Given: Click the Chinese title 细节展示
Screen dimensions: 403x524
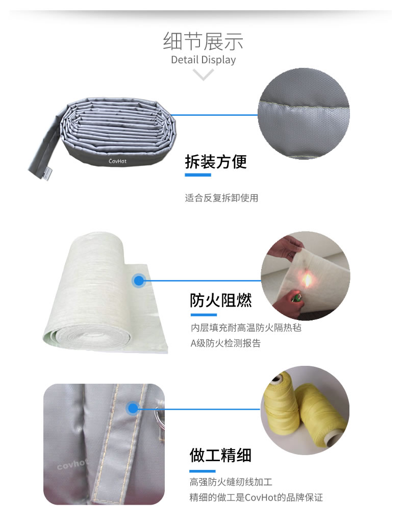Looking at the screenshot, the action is tap(203, 41).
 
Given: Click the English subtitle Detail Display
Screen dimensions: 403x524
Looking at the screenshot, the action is tap(203, 60).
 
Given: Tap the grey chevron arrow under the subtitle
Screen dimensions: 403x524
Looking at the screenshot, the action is tap(203, 74).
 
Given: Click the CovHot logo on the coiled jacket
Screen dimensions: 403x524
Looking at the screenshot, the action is tap(118, 161).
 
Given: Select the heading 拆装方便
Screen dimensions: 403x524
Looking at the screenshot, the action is tap(216, 162).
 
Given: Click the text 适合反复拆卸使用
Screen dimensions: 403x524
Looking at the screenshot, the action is tap(221, 198).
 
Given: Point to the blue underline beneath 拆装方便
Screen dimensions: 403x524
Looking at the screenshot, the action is tap(198, 175).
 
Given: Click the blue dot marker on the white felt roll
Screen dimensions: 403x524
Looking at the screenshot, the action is tap(139, 281).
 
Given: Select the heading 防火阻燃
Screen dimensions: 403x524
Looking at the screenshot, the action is tap(221, 300).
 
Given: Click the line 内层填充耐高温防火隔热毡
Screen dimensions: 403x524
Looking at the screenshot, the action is tap(246, 328).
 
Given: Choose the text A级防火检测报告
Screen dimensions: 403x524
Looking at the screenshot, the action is tap(225, 343).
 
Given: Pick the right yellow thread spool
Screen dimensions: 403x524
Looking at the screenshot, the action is tap(321, 416).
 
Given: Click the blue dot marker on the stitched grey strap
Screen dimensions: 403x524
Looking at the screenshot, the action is tap(133, 408).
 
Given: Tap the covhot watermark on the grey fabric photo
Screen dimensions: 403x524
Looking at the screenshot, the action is tap(72, 464).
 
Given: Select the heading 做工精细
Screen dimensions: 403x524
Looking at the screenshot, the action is tap(220, 455).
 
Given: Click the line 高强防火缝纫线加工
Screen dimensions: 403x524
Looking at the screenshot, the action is tap(231, 482).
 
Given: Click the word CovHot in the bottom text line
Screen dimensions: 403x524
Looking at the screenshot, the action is tap(261, 497).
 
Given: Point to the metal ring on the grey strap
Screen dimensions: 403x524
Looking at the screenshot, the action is tap(160, 416).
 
